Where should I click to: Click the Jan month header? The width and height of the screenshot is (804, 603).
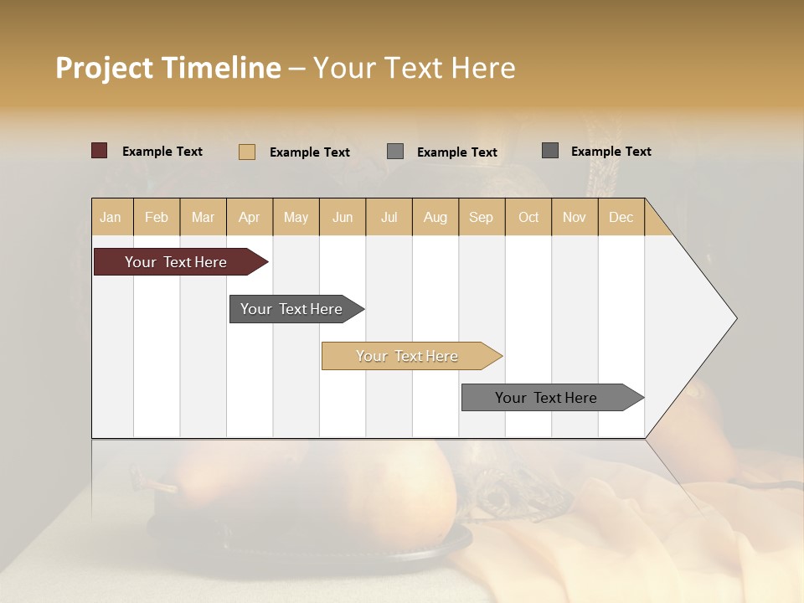click(x=111, y=217)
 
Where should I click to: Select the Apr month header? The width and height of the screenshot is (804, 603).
click(x=250, y=217)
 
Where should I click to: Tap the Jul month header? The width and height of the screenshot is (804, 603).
click(x=389, y=217)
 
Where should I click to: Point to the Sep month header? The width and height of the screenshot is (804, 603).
click(x=481, y=217)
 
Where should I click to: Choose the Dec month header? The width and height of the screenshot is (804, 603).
click(x=621, y=217)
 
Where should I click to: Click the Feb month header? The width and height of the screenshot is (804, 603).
click(x=157, y=217)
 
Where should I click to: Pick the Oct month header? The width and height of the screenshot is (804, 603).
click(x=528, y=217)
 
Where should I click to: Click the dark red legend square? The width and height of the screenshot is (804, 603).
click(x=100, y=151)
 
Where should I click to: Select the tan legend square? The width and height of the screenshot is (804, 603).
click(x=247, y=152)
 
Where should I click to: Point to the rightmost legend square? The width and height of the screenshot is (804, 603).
click(x=550, y=151)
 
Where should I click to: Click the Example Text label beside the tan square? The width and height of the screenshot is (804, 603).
click(x=309, y=152)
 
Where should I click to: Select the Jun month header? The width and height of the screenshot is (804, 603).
click(x=343, y=217)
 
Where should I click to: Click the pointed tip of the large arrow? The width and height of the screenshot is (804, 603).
click(x=734, y=318)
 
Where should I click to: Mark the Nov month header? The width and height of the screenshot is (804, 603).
click(x=575, y=217)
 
